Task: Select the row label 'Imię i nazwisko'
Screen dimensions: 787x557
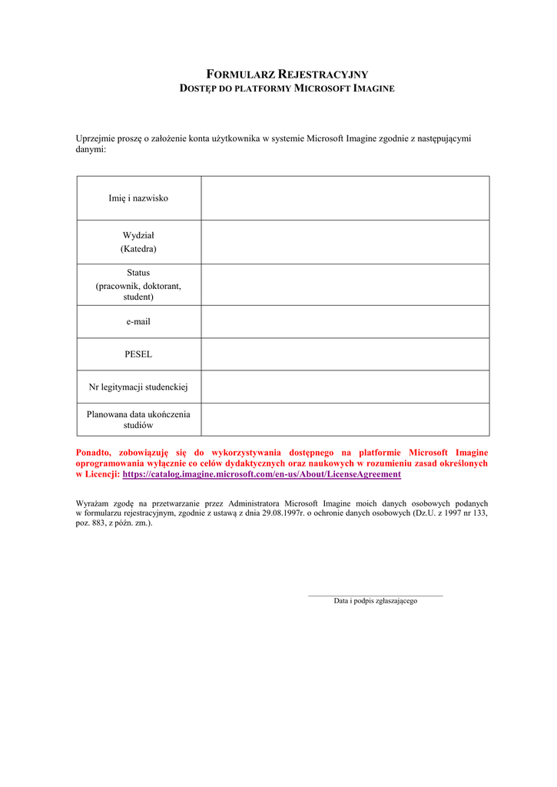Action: click(138, 198)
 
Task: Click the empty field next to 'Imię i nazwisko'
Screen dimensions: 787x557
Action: click(345, 198)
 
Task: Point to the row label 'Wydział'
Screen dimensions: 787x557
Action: click(138, 235)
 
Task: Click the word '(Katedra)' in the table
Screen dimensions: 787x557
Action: click(138, 249)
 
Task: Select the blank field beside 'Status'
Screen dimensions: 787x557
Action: click(345, 284)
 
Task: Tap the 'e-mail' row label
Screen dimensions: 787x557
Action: click(138, 322)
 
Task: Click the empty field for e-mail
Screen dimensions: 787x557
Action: click(345, 322)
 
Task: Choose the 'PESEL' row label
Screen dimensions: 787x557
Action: click(138, 354)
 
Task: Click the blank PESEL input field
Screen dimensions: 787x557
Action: click(345, 354)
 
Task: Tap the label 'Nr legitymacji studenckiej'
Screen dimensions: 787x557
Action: click(138, 387)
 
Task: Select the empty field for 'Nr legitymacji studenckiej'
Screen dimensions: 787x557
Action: click(345, 387)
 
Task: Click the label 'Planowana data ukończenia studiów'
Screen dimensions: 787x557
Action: click(138, 419)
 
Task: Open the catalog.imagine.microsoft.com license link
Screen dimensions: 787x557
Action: click(261, 475)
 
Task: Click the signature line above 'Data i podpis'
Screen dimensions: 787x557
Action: click(375, 595)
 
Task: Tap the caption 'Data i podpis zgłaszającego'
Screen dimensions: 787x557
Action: click(375, 601)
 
